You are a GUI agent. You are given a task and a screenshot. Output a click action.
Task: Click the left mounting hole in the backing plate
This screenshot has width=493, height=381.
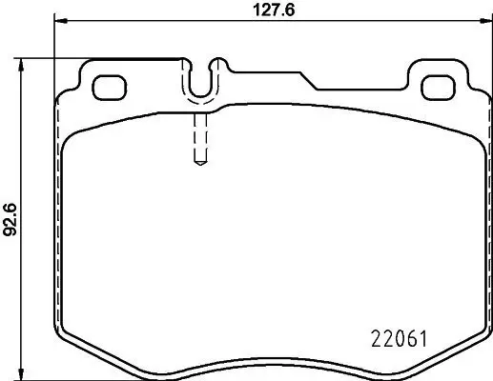108,86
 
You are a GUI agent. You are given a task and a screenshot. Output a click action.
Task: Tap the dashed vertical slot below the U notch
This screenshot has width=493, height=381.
200,138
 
